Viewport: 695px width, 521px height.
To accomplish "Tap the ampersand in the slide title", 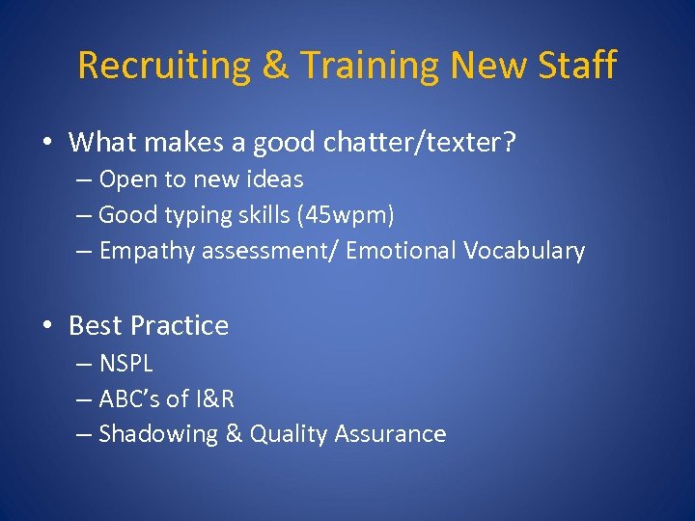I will point(274,66).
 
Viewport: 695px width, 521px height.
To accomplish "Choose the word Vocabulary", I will point(524,251).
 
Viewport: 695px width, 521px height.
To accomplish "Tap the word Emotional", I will point(401,251).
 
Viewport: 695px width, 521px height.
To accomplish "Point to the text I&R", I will point(213,398).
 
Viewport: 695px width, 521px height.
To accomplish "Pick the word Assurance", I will point(390,434).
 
